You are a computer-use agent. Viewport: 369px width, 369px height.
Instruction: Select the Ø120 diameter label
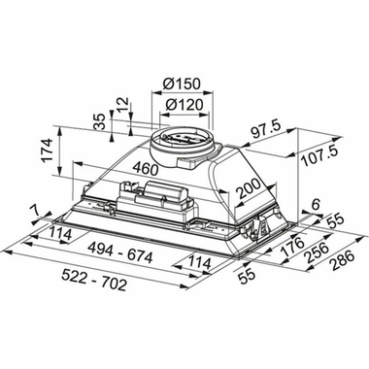tap(183, 104)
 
